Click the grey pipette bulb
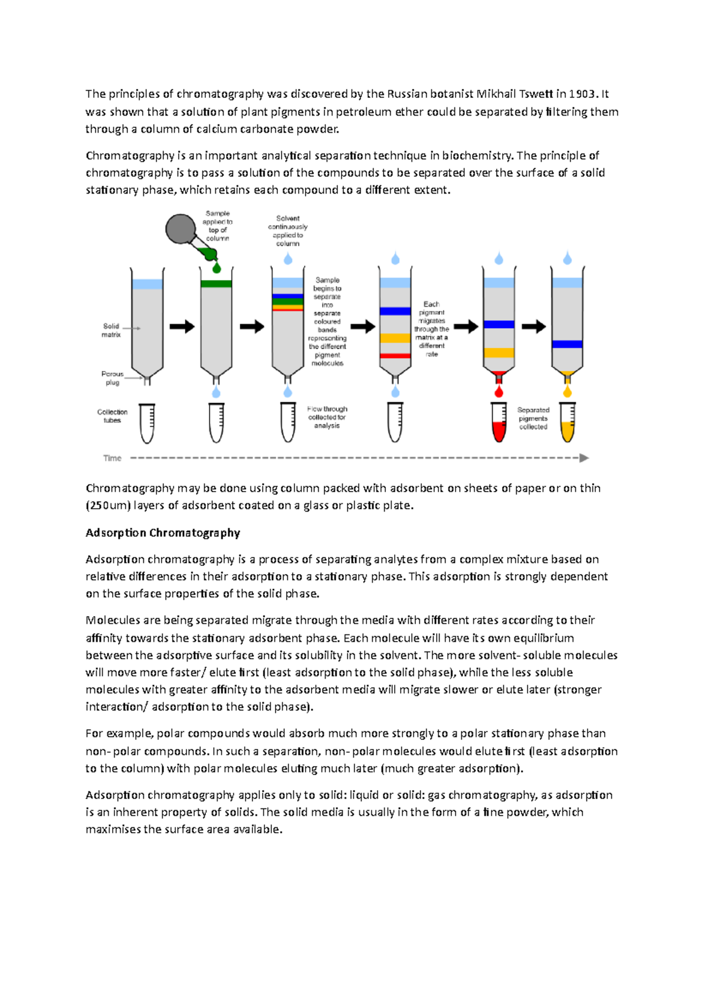[180, 230]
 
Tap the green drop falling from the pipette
[217, 268]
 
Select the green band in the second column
[216, 284]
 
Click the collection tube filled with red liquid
[499, 423]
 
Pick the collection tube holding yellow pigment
[568, 423]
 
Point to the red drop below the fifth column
[499, 391]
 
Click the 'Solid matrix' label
[111, 330]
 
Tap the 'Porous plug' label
[112, 378]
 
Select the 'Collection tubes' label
[112, 416]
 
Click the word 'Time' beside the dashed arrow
[112, 459]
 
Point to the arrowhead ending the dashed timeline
[584, 458]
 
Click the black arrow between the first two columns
[182, 326]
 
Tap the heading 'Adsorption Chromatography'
[163, 533]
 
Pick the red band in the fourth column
[395, 356]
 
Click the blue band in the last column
[567, 344]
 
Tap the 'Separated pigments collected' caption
[533, 418]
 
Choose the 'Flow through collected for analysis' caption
[327, 417]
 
